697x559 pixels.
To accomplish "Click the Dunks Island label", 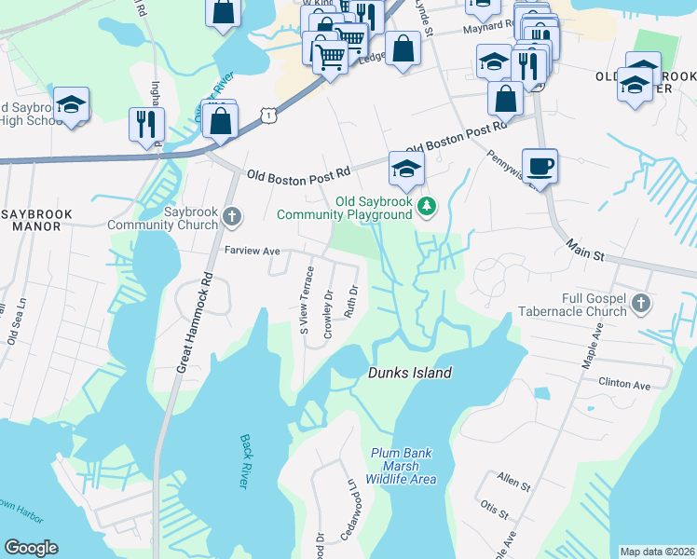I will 409,373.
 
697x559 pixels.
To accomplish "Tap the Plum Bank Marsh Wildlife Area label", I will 403,466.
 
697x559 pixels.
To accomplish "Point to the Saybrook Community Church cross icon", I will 232,218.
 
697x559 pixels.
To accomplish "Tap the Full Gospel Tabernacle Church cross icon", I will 640,303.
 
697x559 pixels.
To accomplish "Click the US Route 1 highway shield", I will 268,114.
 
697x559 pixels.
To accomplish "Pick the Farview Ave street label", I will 253,252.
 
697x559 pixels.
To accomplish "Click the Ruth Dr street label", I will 352,301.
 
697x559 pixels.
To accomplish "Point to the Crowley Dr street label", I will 328,313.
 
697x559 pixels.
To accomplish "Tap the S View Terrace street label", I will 305,300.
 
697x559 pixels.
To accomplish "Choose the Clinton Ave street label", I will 623,383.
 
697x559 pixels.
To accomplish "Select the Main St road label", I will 584,249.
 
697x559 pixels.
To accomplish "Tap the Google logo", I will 31,548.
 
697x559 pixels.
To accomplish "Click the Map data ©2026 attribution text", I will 657,552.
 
